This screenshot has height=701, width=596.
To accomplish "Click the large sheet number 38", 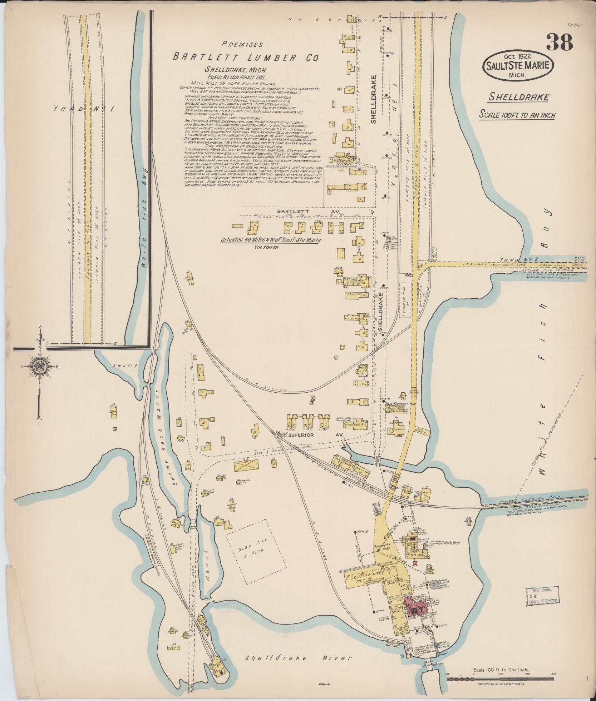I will (559, 42).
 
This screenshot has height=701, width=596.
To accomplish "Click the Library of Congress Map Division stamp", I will (542, 596).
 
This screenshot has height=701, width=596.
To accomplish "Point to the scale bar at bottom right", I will (501, 678).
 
